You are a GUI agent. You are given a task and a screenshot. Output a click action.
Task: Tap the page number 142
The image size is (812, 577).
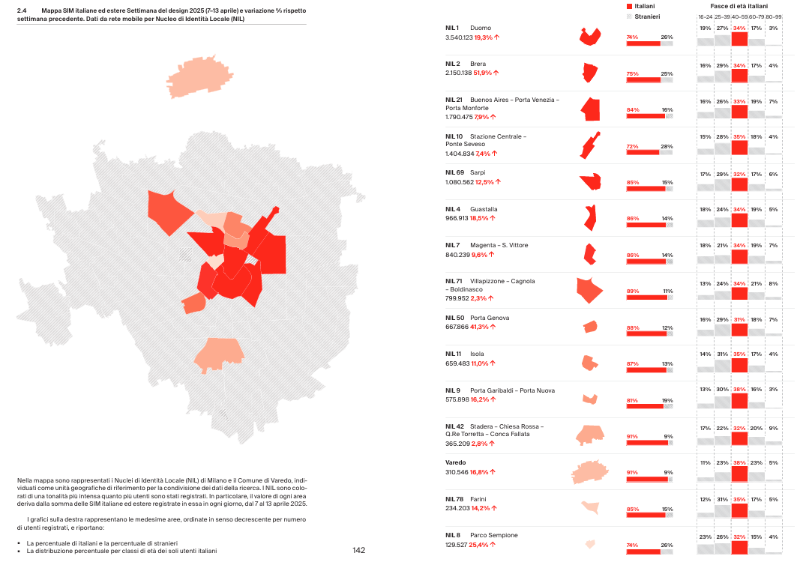click(358, 551)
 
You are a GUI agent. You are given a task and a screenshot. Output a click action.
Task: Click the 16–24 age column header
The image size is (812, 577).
click(706, 16)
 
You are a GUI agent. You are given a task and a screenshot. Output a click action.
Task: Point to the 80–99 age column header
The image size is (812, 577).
click(773, 16)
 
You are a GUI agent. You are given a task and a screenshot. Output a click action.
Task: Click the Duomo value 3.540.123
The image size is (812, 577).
click(459, 37)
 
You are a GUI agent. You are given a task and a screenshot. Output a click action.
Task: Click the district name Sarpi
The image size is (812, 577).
click(478, 172)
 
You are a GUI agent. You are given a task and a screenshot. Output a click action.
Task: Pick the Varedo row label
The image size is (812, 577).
click(456, 463)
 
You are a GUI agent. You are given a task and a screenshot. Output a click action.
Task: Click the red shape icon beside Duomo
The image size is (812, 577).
click(591, 37)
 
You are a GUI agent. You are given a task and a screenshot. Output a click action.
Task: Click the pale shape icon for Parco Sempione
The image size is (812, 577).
click(590, 544)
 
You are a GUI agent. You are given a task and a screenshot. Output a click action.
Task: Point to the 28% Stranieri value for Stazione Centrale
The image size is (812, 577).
click(667, 146)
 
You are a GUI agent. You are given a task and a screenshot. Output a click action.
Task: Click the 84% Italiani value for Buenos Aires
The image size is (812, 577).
click(633, 109)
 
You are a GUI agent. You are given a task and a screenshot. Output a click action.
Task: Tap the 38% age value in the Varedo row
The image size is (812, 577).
click(739, 462)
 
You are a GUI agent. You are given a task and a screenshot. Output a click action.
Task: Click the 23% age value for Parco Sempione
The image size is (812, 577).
click(706, 536)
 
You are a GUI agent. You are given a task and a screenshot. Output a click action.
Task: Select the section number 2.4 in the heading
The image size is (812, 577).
click(22, 10)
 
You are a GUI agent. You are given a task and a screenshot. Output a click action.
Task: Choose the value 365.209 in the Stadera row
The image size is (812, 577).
click(457, 444)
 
